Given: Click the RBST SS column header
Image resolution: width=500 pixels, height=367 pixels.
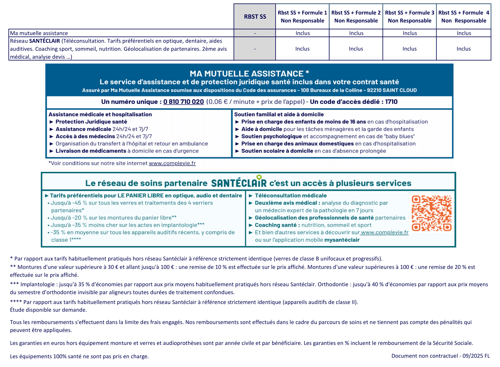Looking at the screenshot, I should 255,17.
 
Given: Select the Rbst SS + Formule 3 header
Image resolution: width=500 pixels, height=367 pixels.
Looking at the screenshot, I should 409,17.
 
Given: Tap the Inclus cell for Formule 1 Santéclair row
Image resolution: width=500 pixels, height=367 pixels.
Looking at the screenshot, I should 302,49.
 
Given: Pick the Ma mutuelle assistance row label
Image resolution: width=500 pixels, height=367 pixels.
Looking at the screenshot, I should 39,33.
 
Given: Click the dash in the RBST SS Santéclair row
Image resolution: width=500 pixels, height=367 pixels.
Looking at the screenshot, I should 255,49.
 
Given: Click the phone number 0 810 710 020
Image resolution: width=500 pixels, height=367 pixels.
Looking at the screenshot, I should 183,102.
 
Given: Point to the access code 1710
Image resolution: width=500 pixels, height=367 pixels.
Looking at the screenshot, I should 391,102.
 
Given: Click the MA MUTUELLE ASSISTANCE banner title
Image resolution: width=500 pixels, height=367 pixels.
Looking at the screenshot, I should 249,74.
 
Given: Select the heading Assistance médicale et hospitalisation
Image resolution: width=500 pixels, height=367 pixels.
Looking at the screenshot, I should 100,114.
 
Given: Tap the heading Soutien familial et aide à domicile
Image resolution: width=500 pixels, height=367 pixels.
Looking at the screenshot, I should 279,114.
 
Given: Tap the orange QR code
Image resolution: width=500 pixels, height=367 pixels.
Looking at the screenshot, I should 432,213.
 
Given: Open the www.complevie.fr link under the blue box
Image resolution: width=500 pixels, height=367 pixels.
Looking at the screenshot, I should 172,163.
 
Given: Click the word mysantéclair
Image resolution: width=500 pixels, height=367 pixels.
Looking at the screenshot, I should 342,240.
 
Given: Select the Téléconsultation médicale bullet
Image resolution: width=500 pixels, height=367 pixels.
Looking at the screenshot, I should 291,196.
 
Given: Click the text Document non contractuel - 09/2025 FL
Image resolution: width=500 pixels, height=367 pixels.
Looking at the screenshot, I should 440,356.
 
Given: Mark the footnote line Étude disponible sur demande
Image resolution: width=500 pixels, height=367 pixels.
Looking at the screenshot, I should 48,310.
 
